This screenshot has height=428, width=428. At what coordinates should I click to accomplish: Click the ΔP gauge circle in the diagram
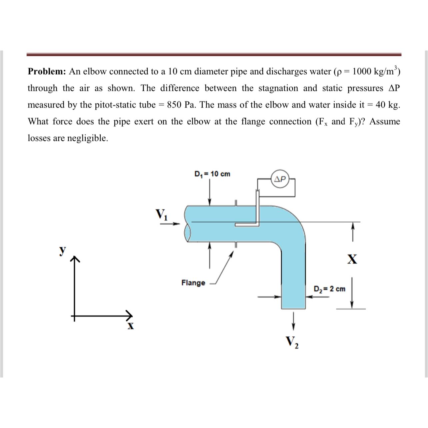280,179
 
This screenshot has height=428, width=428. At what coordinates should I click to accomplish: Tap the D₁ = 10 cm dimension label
212,174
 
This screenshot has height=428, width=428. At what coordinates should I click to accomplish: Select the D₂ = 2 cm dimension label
330,289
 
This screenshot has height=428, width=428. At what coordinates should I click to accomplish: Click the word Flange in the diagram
193,283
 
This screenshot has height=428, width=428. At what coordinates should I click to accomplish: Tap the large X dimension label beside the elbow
352,259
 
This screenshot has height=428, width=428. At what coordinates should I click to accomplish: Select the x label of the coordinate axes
131,326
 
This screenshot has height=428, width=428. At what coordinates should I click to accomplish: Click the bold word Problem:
47,72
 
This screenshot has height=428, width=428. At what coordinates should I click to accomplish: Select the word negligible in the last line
88,138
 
